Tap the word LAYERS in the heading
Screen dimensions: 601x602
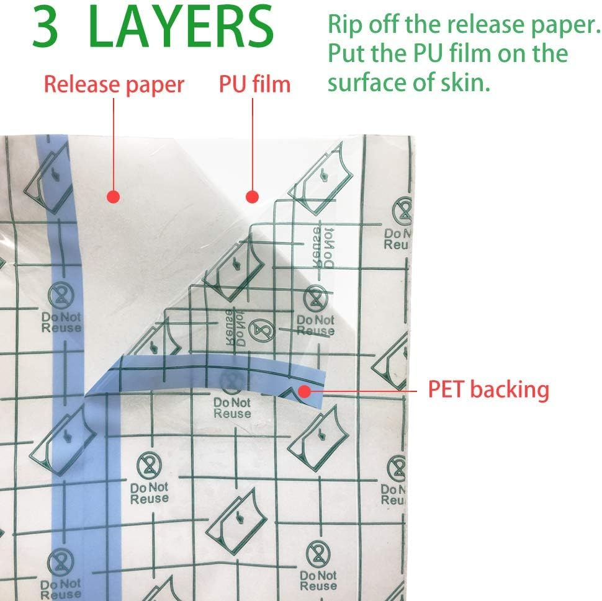coord(181,27)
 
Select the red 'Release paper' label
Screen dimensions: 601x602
coord(114,84)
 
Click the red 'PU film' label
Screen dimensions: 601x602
coord(254,84)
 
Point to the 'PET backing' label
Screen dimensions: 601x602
coord(488,390)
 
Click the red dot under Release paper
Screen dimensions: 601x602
coord(113,197)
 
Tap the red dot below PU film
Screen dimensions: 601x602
coord(252,197)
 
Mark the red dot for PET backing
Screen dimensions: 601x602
coord(305,391)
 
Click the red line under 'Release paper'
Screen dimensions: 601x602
coord(114,143)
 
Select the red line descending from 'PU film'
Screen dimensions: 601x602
coord(253,143)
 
